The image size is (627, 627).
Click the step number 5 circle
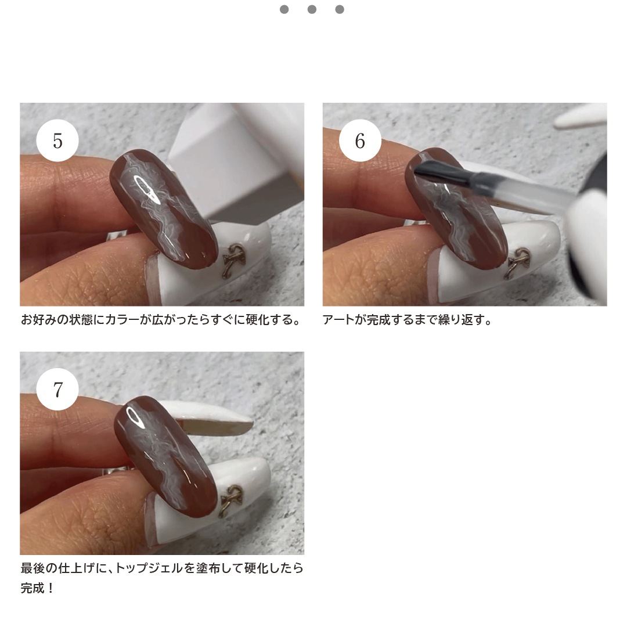click(x=57, y=140)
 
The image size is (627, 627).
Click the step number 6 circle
click(x=360, y=140)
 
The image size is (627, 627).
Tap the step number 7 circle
click(x=57, y=389)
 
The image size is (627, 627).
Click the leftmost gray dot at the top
click(x=284, y=9)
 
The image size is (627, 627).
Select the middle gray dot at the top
click(x=312, y=9)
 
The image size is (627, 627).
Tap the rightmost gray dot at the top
click(x=340, y=9)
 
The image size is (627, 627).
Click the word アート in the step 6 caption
click(x=338, y=320)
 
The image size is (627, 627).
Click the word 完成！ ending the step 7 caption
click(x=38, y=588)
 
